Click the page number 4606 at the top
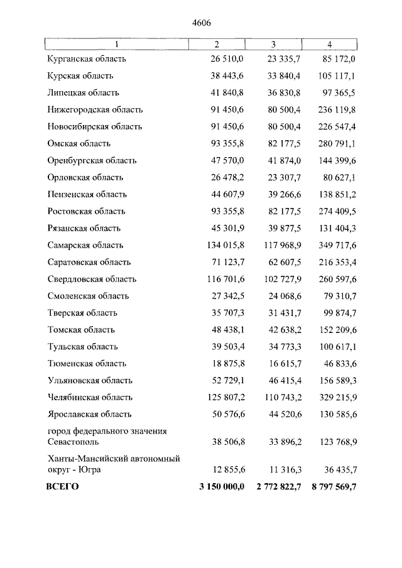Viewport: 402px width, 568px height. (x=201, y=23)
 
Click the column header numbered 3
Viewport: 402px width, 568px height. (x=273, y=44)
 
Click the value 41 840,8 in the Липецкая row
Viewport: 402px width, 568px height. (x=224, y=92)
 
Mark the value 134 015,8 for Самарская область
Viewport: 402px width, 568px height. (x=222, y=245)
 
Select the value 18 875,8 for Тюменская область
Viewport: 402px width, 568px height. (x=224, y=364)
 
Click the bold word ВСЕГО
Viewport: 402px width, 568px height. (x=63, y=487)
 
